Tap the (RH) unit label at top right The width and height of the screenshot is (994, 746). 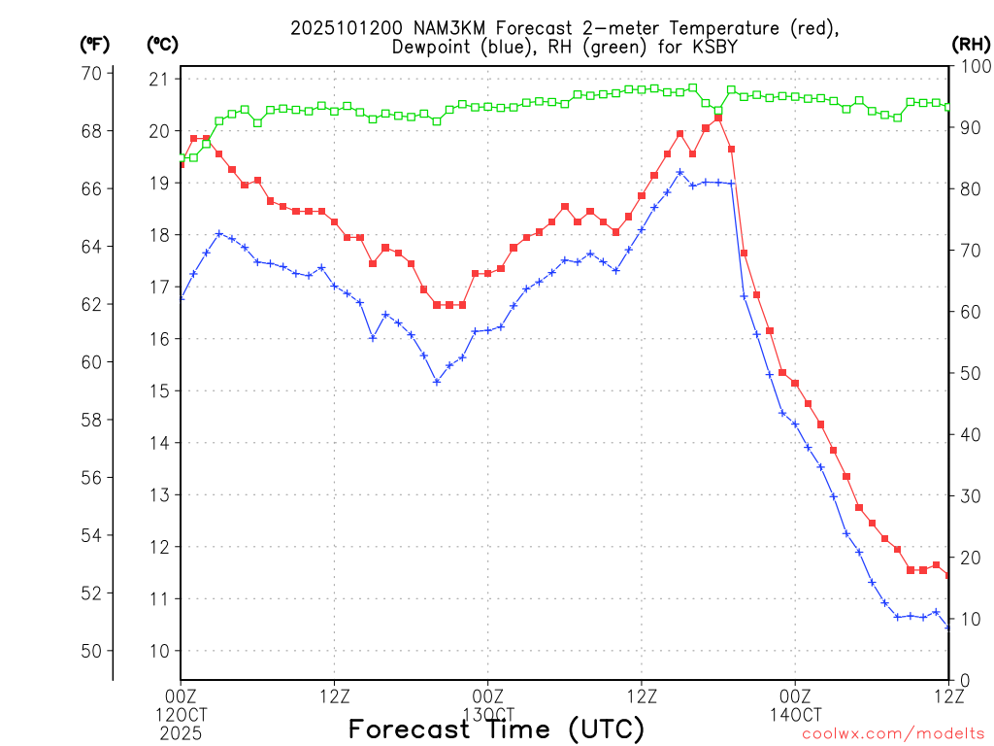click(972, 43)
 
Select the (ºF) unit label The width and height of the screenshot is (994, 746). click(95, 44)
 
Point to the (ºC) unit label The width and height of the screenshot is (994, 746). click(162, 44)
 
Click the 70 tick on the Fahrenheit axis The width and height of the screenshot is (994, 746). click(93, 73)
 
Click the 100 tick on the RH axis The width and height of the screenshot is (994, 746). click(973, 66)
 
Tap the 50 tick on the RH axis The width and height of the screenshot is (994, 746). click(968, 373)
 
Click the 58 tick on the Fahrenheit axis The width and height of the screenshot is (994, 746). click(93, 420)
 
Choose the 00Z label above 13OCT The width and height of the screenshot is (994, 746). click(487, 695)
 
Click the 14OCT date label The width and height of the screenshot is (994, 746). click(795, 715)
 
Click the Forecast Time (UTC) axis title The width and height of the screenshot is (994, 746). click(496, 729)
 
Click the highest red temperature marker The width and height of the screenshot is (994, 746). click(718, 118)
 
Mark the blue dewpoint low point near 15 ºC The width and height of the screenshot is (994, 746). click(437, 382)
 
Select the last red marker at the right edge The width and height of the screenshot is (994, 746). click(948, 576)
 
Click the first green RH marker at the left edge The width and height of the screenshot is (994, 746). click(182, 157)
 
